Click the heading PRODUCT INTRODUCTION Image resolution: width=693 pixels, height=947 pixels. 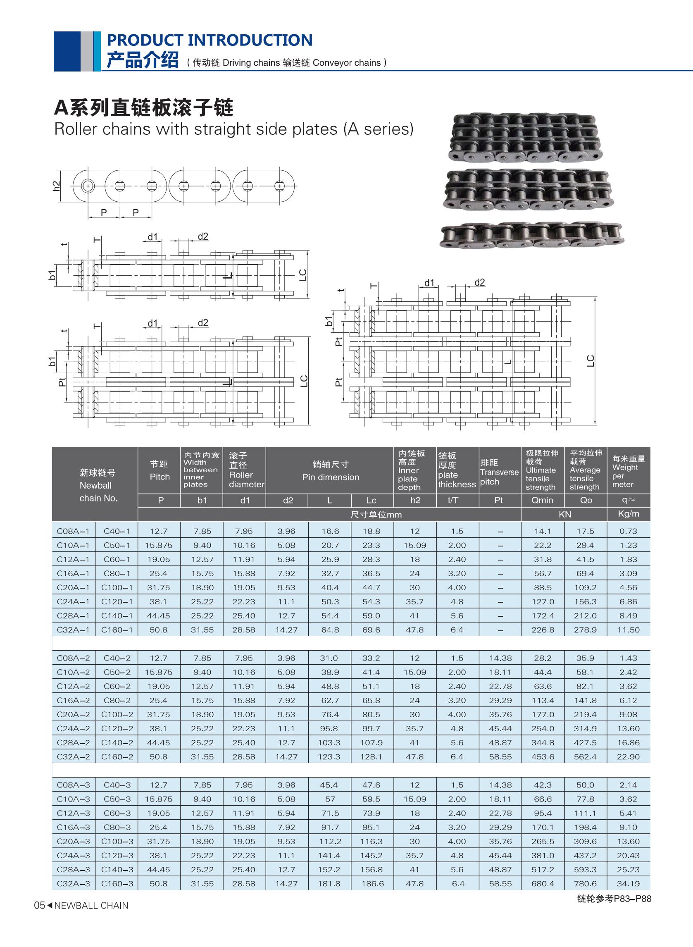pyautogui.click(x=210, y=40)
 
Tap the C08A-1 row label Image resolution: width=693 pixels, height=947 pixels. pyautogui.click(x=74, y=531)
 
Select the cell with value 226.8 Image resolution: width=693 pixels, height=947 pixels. pyautogui.click(x=543, y=630)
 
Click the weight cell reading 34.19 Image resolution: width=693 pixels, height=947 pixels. pyautogui.click(x=628, y=884)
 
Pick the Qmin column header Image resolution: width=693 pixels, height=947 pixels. pyautogui.click(x=543, y=500)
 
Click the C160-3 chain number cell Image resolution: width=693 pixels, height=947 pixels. pyautogui.click(x=117, y=884)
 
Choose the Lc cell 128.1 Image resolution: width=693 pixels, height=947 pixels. pyautogui.click(x=371, y=757)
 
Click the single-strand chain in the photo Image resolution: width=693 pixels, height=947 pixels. pyautogui.click(x=531, y=236)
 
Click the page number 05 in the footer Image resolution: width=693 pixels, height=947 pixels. pyautogui.click(x=39, y=906)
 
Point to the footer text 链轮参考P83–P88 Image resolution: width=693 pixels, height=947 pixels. pyautogui.click(x=614, y=899)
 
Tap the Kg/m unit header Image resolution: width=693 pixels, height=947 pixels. pyautogui.click(x=628, y=514)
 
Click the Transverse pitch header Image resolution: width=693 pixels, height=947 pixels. pyautogui.click(x=499, y=472)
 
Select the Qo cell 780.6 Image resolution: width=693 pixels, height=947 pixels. pyautogui.click(x=585, y=884)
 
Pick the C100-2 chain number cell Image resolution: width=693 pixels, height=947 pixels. pyautogui.click(x=117, y=715)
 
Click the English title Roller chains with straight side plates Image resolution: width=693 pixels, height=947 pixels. pyautogui.click(x=233, y=129)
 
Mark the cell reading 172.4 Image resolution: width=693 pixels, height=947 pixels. pyautogui.click(x=543, y=615)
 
